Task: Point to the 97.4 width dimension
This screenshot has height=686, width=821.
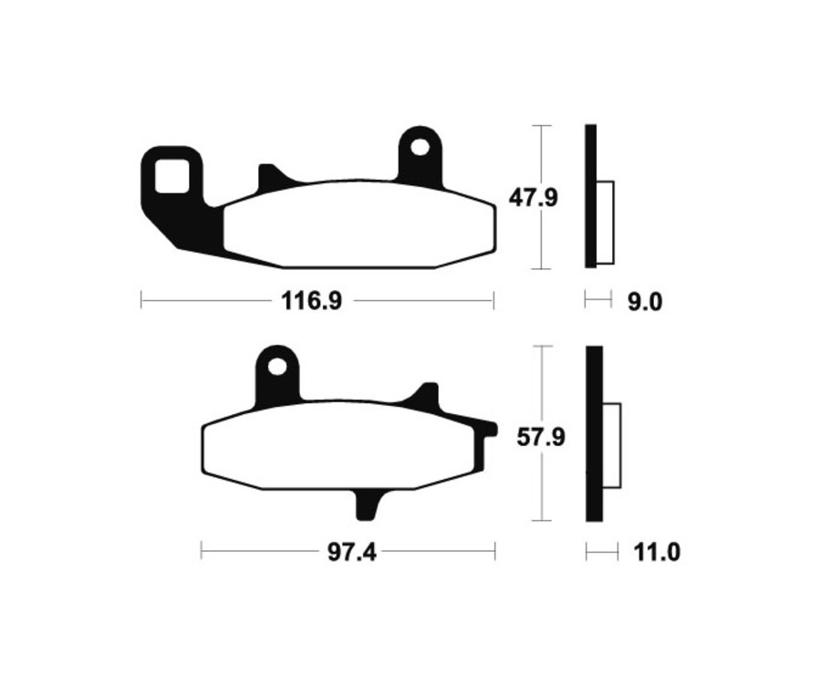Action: (348, 552)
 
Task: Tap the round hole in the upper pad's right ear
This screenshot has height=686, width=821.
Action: (420, 147)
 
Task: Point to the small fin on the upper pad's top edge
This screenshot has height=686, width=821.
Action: (269, 176)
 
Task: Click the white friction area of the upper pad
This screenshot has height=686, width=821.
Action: (360, 223)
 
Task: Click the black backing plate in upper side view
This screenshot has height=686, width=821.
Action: (590, 196)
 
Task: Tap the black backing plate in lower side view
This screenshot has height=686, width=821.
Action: (594, 433)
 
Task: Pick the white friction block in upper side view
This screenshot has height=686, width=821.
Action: (606, 223)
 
